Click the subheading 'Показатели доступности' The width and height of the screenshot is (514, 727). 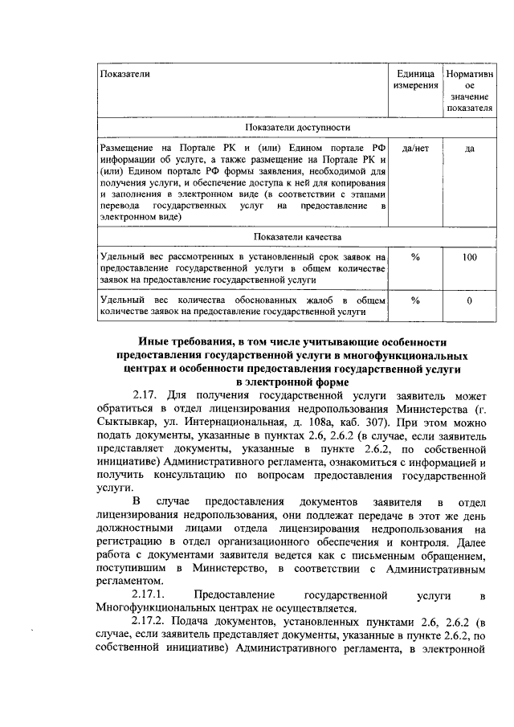pos(296,127)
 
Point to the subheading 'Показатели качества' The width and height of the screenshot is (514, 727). pos(296,237)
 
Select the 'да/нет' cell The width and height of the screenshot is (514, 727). pos(414,149)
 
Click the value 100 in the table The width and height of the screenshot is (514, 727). pos(469,257)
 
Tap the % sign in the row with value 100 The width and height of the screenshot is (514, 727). pos(414,257)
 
